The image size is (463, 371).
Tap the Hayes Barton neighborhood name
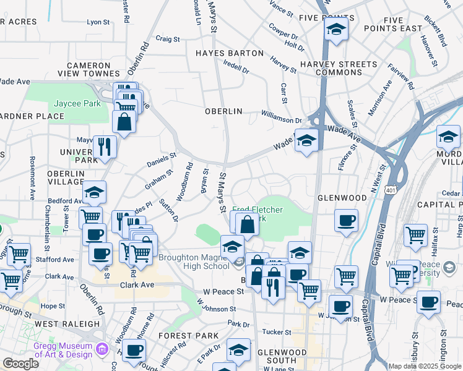[229, 53]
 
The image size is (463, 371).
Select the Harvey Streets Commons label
[338, 68]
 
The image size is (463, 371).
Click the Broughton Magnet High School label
[194, 262]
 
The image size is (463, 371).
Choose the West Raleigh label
[67, 323]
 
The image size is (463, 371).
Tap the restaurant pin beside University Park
[105, 147]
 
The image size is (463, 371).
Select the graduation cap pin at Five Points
[336, 29]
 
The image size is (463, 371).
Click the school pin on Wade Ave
[306, 140]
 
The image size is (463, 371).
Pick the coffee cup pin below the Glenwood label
[346, 220]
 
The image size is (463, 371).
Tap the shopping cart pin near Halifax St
[415, 234]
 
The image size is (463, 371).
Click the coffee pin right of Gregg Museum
[134, 351]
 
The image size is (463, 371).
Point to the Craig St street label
[167, 38]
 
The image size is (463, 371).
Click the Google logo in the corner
[20, 364]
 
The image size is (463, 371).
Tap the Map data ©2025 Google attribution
[425, 366]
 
